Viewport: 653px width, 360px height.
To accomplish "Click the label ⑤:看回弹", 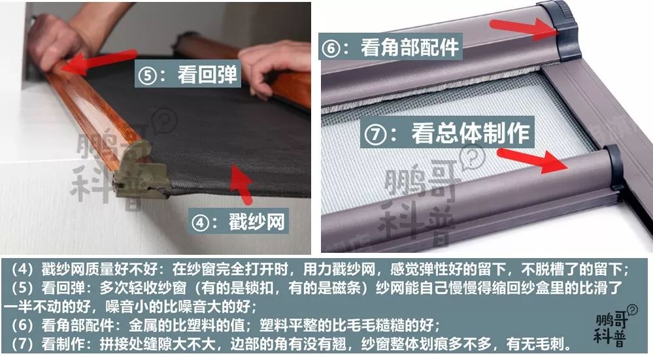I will point(188,73).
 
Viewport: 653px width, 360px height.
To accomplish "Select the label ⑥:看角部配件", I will point(390,46).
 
